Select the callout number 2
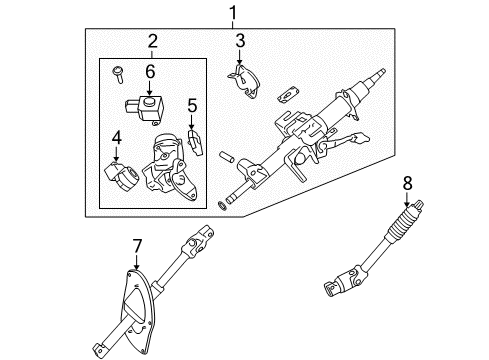(153, 42)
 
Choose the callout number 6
(150, 71)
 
